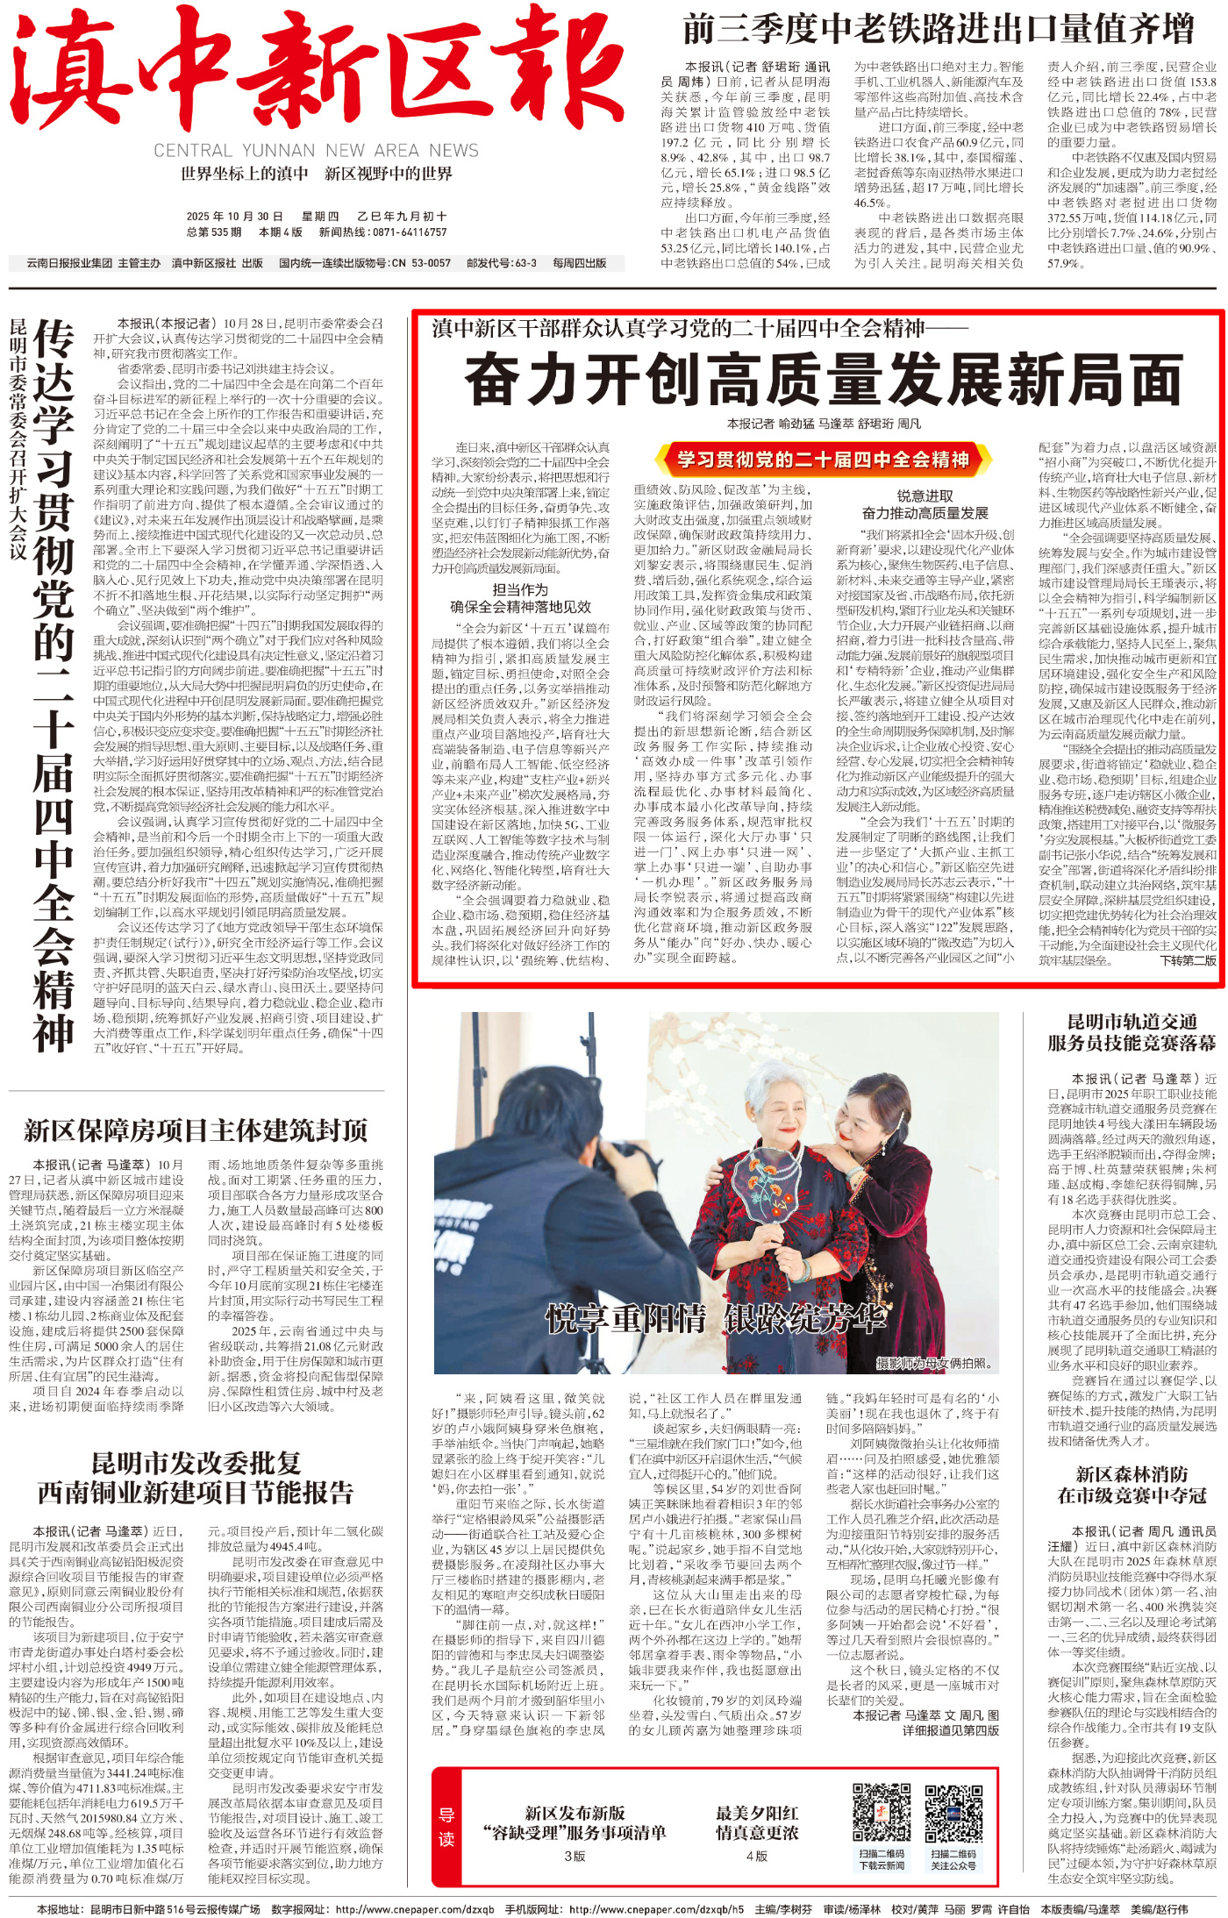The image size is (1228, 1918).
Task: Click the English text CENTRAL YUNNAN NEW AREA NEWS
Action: (x=316, y=151)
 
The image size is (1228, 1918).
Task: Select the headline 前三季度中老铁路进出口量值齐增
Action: (x=938, y=30)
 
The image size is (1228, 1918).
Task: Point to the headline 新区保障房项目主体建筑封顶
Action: (x=196, y=1130)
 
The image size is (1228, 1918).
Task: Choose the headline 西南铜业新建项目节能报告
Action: (x=196, y=1492)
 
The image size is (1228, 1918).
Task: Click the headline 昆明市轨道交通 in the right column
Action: (x=1132, y=1023)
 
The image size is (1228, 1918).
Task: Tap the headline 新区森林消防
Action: (x=1132, y=1475)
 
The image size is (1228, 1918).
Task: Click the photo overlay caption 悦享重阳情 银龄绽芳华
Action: (x=715, y=1318)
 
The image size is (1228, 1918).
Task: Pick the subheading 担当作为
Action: (x=520, y=590)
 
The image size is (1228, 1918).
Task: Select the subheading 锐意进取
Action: (x=925, y=496)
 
